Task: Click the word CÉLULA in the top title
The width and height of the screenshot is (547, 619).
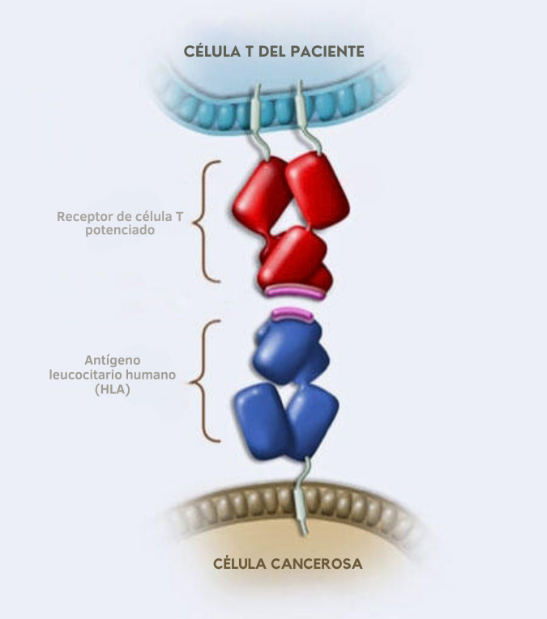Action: [208, 51]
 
